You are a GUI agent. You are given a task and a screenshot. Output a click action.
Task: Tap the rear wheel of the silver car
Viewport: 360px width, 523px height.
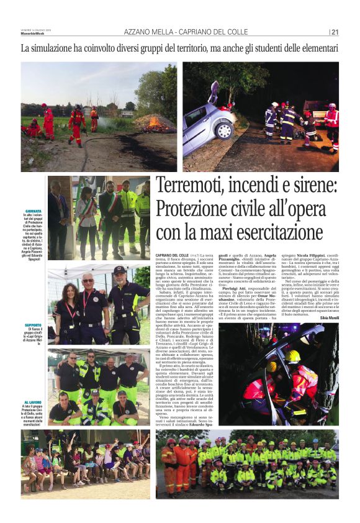(222, 132)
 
